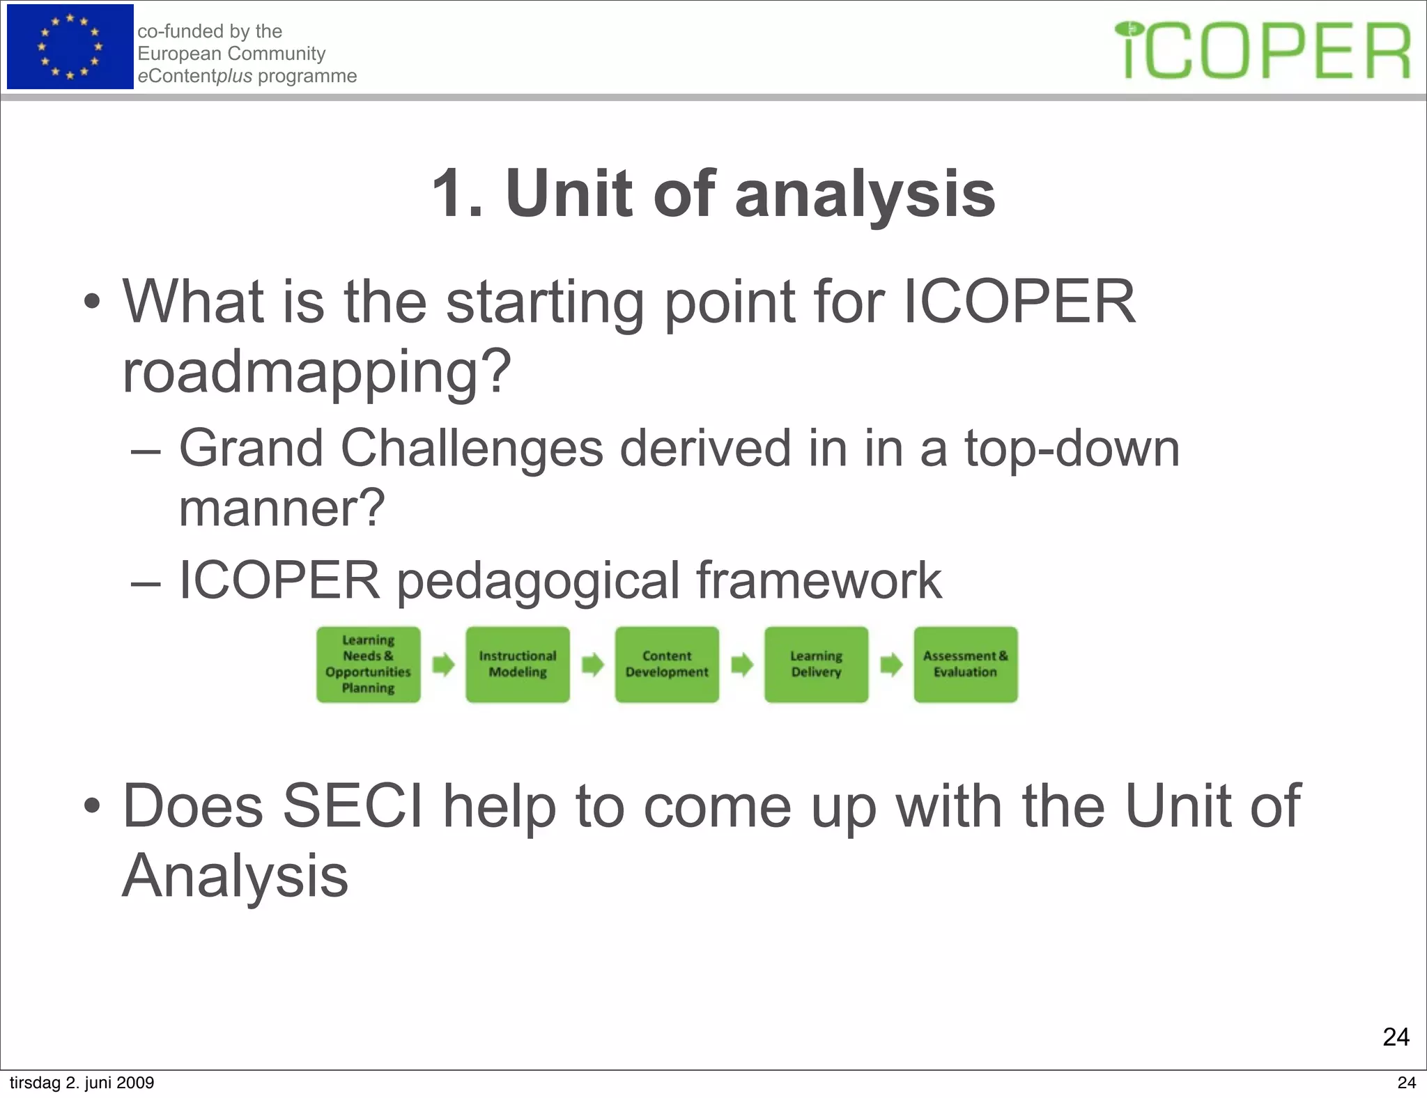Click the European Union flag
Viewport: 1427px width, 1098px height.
coord(70,47)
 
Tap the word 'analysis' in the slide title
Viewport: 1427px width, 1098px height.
coord(865,194)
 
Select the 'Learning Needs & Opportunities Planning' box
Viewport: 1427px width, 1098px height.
coord(368,665)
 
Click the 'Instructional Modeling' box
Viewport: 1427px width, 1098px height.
coord(518,665)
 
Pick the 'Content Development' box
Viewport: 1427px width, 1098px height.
coord(667,665)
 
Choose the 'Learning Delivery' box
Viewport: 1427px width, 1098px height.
coord(816,665)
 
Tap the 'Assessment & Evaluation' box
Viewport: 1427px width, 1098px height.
coord(966,665)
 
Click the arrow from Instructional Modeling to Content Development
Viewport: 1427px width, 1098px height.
coord(592,665)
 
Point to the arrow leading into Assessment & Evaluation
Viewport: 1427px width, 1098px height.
coord(891,665)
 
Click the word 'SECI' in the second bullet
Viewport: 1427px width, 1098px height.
coord(352,807)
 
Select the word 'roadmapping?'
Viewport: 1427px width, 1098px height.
coord(317,373)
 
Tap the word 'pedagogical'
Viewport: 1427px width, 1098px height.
coord(537,580)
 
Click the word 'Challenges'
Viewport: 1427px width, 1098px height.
coord(471,448)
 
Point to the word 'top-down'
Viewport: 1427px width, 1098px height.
coord(1072,448)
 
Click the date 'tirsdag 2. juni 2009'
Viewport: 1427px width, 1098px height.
coord(82,1083)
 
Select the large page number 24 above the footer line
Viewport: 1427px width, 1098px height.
coord(1396,1037)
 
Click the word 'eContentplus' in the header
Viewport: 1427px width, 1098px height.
coord(194,76)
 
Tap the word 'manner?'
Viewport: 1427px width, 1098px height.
coord(281,509)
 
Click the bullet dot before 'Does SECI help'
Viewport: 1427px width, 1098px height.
coord(91,807)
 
